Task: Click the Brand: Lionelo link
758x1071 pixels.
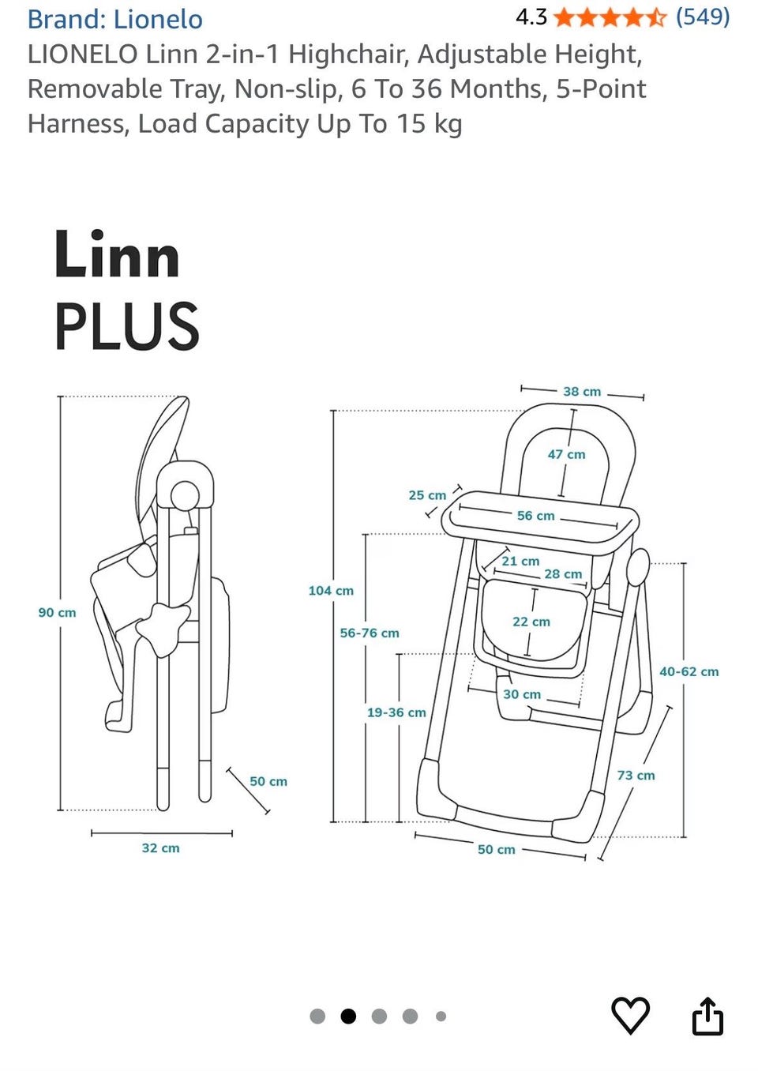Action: [115, 19]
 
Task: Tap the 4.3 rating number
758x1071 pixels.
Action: [531, 17]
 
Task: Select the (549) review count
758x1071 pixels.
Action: [702, 17]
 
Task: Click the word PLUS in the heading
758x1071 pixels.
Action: [126, 327]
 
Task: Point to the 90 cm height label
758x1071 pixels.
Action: [57, 612]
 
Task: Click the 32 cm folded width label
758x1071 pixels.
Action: [160, 847]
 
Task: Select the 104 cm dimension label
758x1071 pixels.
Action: [331, 590]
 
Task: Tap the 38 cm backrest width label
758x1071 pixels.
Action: [582, 391]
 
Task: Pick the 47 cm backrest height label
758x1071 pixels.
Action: [566, 454]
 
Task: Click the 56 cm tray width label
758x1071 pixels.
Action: [535, 516]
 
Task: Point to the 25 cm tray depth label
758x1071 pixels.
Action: [427, 495]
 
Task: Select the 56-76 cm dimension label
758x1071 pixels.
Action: [370, 633]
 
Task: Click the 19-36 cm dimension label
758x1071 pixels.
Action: [396, 712]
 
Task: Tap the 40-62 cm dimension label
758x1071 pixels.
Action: [689, 671]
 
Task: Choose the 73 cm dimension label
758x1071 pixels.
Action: [636, 775]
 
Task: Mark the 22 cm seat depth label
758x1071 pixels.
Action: [531, 622]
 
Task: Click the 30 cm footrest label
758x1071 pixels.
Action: [522, 694]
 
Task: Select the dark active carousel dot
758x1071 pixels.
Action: [348, 1016]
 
